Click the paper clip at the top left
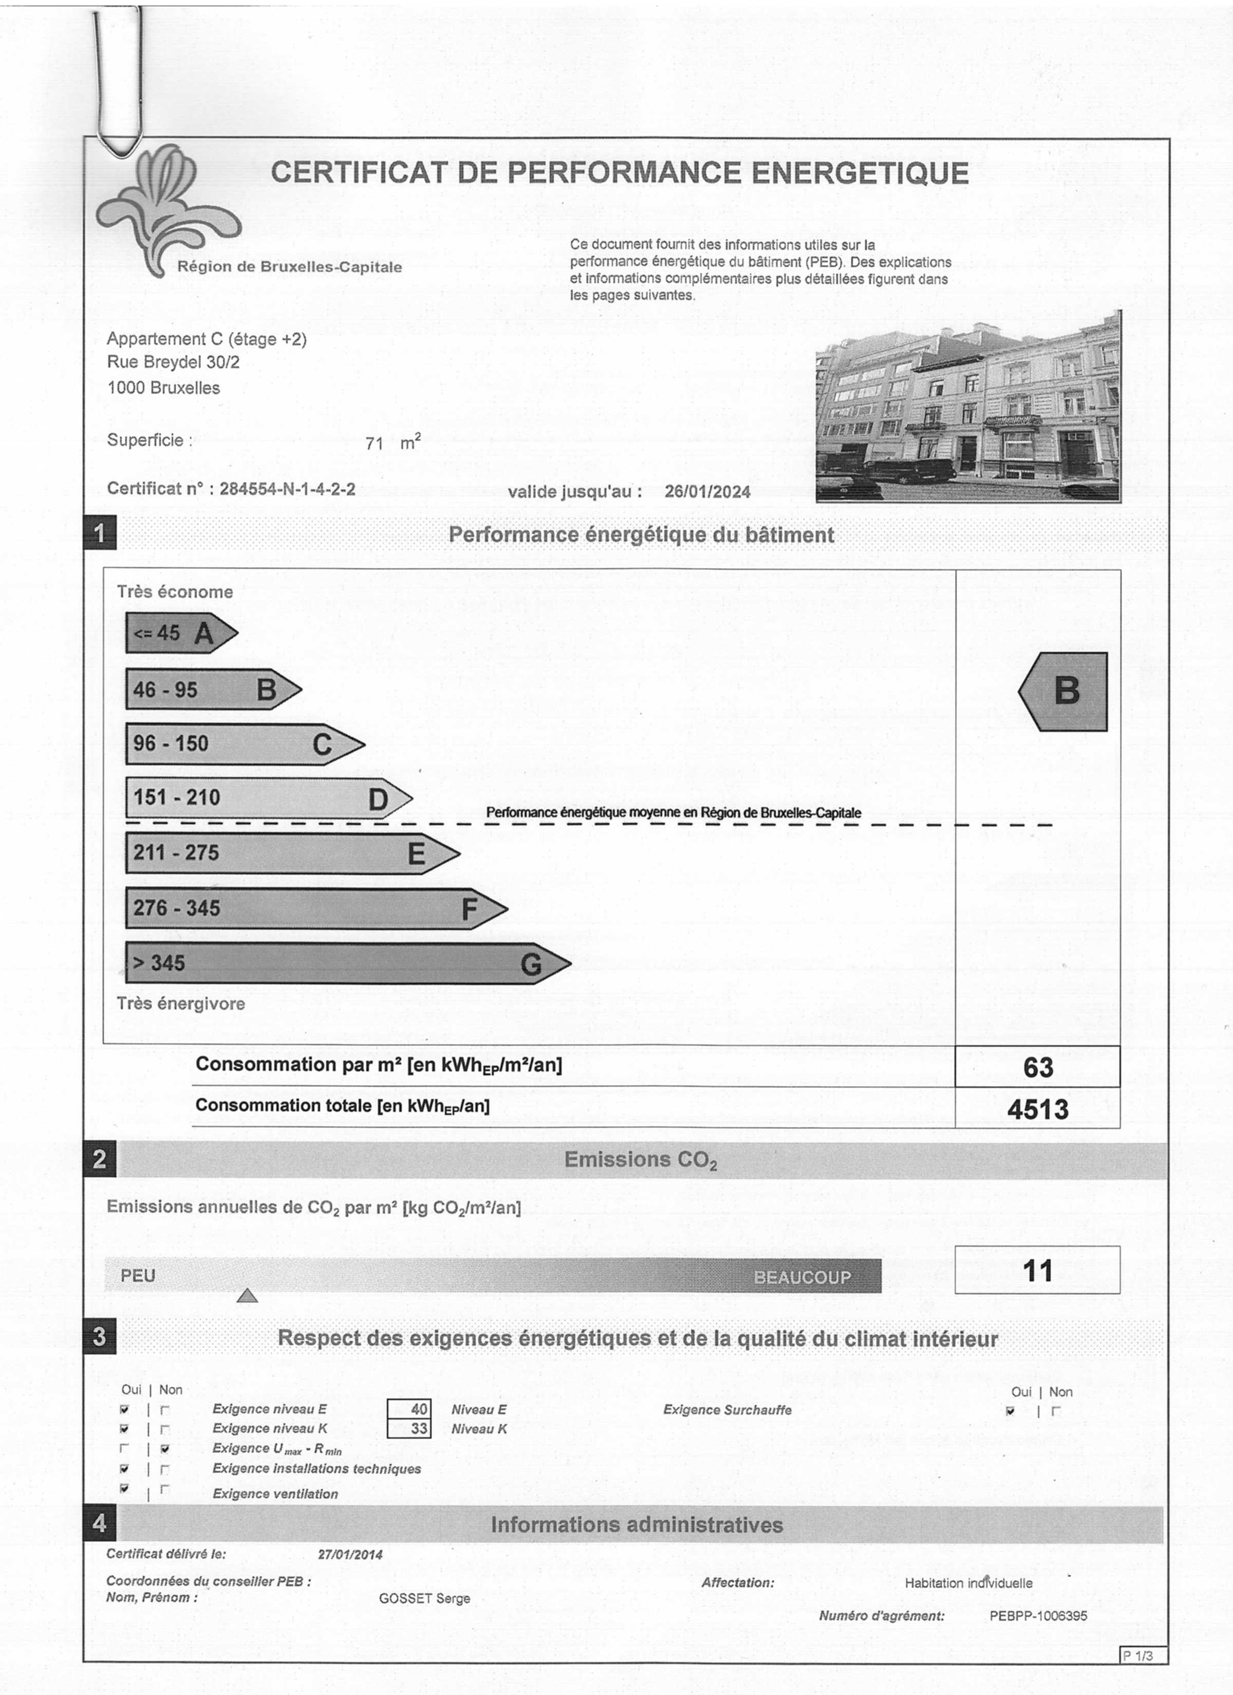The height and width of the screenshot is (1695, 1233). [117, 82]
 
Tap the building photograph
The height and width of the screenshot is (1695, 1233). [968, 406]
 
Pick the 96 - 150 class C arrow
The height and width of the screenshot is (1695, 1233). [244, 743]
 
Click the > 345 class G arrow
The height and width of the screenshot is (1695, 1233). [347, 963]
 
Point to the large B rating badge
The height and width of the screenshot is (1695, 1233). [1064, 691]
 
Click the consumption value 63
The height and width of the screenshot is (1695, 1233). [1037, 1067]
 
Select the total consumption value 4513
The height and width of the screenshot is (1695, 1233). [1037, 1108]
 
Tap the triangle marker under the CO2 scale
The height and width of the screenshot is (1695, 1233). [247, 1295]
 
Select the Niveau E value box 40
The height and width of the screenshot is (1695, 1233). [409, 1409]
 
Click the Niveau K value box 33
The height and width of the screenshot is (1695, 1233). [409, 1428]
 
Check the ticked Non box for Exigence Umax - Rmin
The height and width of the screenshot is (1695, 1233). [165, 1448]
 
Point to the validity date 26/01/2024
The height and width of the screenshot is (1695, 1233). [707, 491]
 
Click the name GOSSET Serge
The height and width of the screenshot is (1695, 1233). [424, 1598]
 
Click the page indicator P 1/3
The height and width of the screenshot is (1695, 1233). [1143, 1655]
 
